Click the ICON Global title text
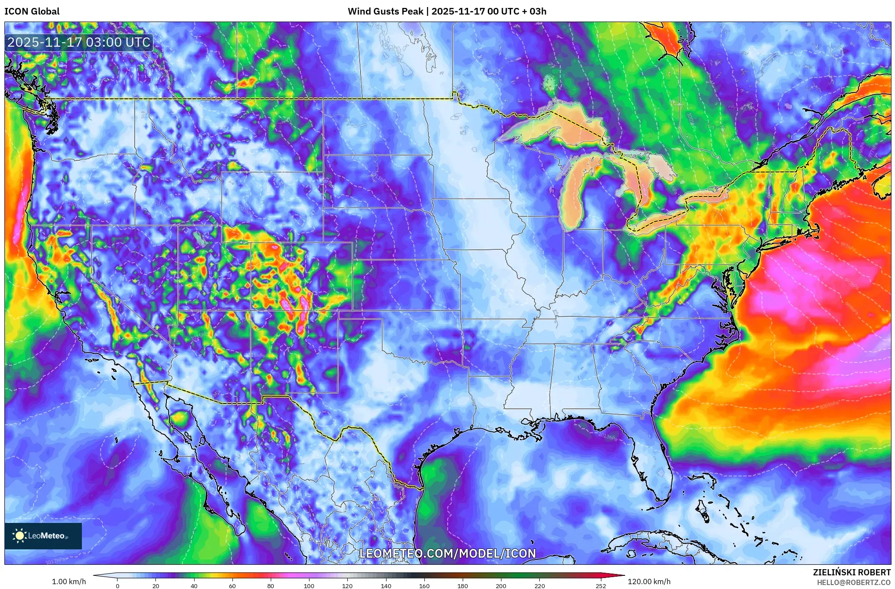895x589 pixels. click(x=32, y=11)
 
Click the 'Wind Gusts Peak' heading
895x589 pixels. click(x=385, y=11)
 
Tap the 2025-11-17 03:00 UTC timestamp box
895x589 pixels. click(x=79, y=42)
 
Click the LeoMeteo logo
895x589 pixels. click(x=43, y=536)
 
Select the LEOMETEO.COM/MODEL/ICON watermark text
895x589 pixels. click(x=447, y=554)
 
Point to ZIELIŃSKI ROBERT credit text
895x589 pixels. click(x=851, y=572)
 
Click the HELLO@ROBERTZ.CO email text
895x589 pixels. click(x=854, y=582)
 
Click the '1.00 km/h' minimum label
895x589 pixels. click(x=69, y=582)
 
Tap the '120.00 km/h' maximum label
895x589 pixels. click(x=649, y=582)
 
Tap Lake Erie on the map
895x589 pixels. click(x=660, y=220)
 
